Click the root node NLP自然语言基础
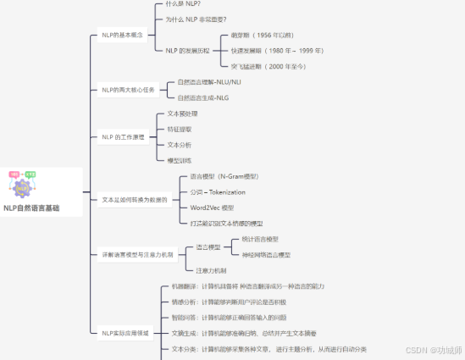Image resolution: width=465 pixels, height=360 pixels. pyautogui.click(x=31, y=208)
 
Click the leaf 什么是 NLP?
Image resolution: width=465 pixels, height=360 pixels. pyautogui.click(x=183, y=5)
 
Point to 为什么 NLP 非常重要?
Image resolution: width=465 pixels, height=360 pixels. pyautogui.click(x=196, y=19)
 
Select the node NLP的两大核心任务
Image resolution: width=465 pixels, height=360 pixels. pyautogui.click(x=130, y=89)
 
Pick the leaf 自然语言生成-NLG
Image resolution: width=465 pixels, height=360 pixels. pyautogui.click(x=203, y=97)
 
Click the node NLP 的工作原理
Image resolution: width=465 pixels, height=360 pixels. pyautogui.click(x=124, y=136)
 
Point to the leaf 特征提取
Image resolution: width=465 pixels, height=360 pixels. pyautogui.click(x=179, y=129)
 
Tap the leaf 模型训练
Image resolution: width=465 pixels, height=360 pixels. pyautogui.click(x=179, y=159)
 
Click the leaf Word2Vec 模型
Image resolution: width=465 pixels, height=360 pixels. pyautogui.click(x=212, y=207)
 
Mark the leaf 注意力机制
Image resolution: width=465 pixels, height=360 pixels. pyautogui.click(x=211, y=270)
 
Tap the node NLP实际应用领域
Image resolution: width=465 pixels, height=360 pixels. pyautogui.click(x=126, y=334)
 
